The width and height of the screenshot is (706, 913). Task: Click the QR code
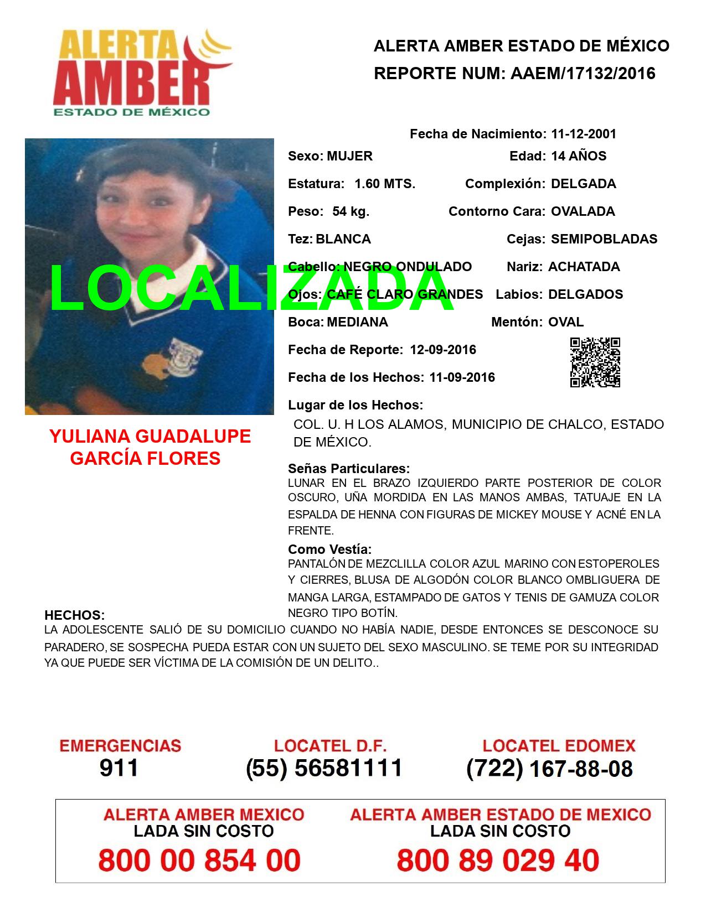pos(595,362)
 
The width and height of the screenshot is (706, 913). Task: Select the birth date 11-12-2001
pos(584,134)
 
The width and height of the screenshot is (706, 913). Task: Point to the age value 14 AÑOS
pos(579,156)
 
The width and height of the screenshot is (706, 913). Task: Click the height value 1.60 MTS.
pos(385,184)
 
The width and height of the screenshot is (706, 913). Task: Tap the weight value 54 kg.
pos(351,211)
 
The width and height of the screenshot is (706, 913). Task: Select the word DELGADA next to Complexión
pos(584,184)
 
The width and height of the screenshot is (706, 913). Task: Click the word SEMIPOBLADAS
pos(604,239)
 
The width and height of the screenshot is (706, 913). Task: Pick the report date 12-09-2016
pos(443,350)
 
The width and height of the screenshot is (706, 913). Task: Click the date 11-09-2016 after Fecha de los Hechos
pos(462,377)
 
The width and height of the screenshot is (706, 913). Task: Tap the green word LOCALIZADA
pos(252,289)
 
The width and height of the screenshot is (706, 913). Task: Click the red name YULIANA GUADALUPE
pos(150,437)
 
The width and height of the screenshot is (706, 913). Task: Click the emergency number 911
pos(119,768)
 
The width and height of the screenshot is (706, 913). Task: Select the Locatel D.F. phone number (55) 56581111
pos(324,768)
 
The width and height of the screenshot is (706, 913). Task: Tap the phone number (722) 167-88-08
pos(549,768)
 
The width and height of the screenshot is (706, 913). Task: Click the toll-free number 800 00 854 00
pos(199,861)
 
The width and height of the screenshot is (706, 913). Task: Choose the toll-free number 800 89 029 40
pos(498,861)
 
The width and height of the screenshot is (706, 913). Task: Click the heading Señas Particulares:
pos(349,469)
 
